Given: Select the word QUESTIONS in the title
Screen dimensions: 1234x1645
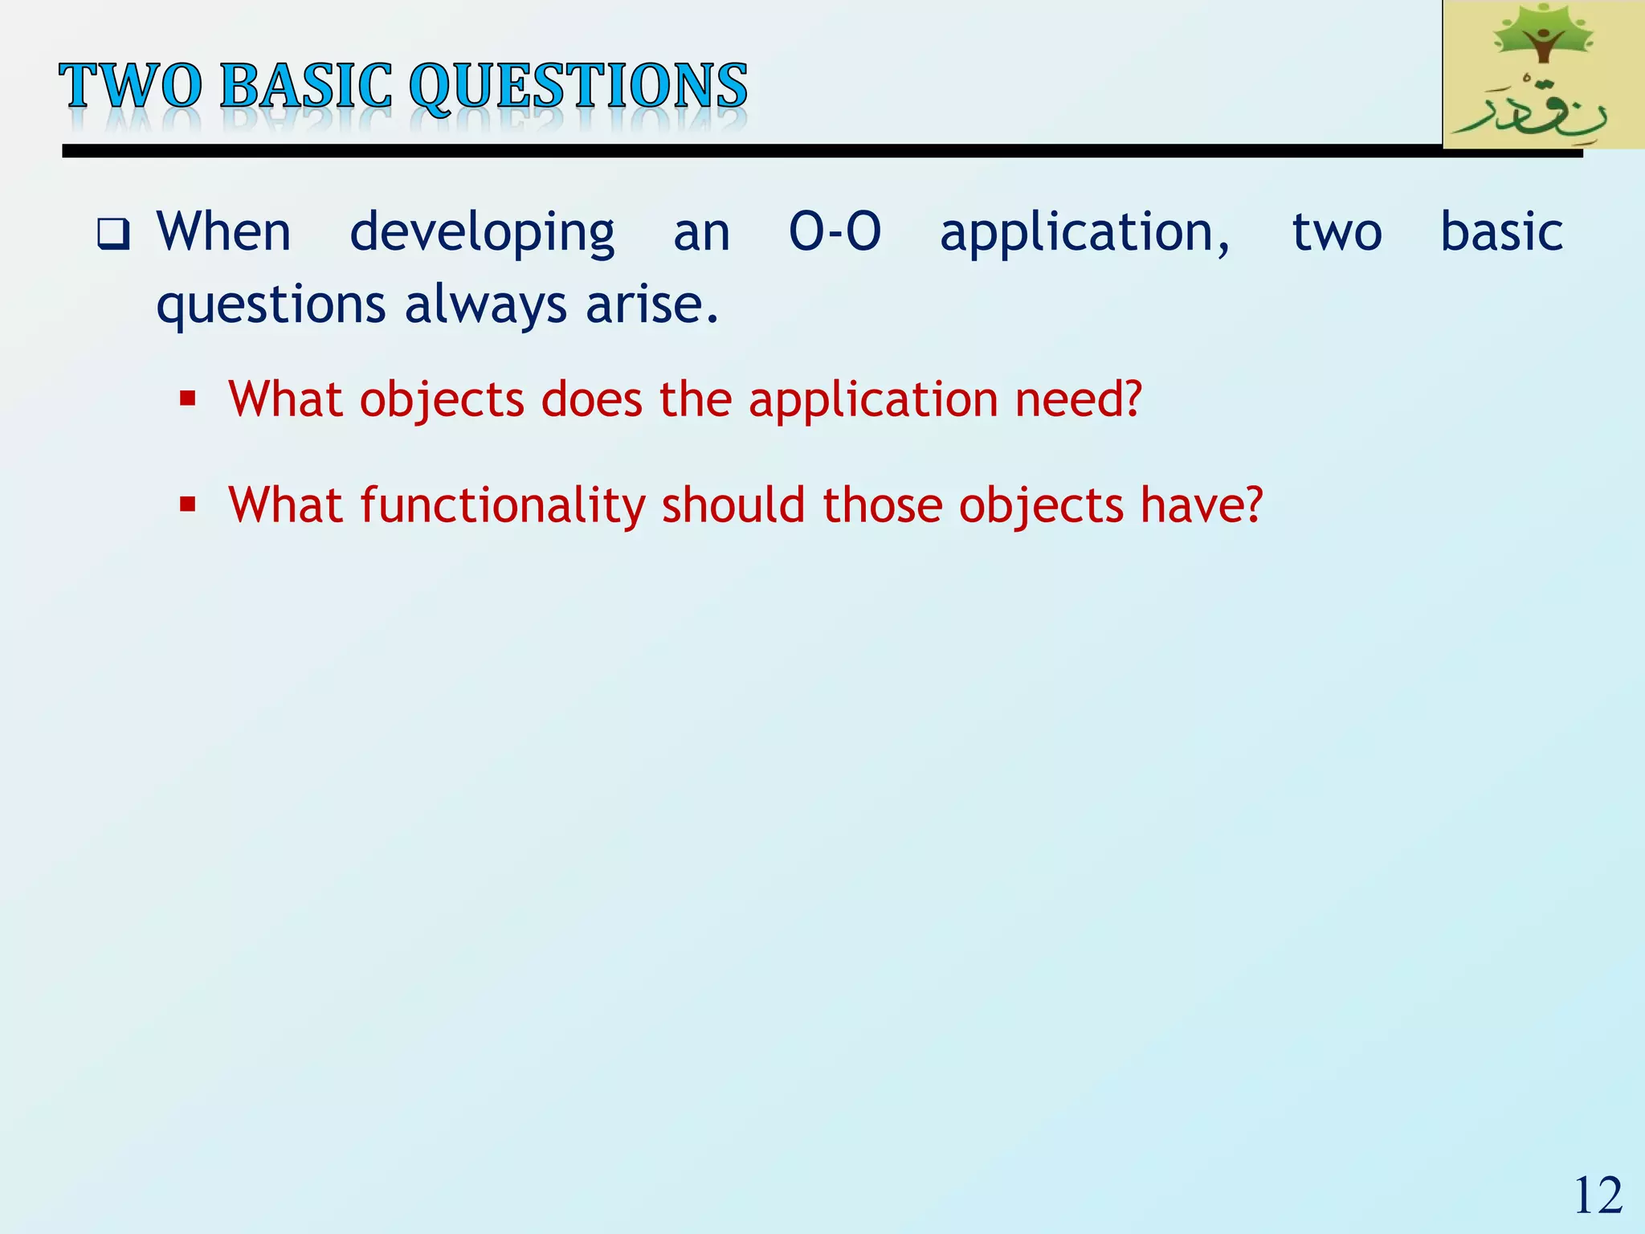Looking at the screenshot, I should [x=578, y=87].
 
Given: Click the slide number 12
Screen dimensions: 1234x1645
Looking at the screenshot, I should [x=1598, y=1196].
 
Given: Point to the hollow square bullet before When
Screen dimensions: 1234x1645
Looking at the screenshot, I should [x=113, y=235].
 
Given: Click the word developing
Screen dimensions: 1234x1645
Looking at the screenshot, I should [x=482, y=233].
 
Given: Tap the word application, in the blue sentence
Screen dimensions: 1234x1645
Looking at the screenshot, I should [x=1084, y=233].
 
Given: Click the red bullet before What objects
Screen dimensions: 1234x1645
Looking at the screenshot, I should [x=188, y=398].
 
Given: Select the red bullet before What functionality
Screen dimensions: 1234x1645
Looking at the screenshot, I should [x=188, y=505].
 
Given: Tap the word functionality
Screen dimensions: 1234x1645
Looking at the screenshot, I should [x=503, y=506].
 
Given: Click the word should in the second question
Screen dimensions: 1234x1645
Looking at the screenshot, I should [x=733, y=506].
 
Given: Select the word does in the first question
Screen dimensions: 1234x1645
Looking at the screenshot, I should [x=592, y=398].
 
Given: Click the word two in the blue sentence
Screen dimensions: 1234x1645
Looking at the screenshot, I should [x=1337, y=233].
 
